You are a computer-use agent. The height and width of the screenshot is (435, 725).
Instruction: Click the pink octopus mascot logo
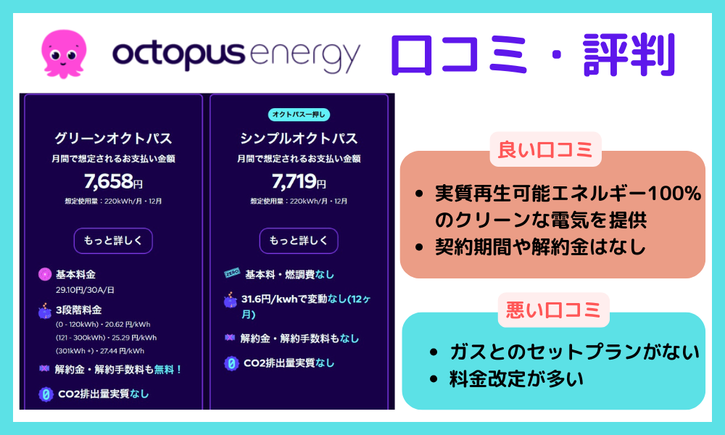(63, 54)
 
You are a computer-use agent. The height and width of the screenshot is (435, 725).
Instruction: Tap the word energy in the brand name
(304, 57)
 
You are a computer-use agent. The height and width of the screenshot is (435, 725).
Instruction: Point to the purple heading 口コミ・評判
(533, 54)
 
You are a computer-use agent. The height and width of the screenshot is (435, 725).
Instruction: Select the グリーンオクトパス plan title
(113, 138)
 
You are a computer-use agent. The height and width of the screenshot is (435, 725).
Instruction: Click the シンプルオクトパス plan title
(299, 138)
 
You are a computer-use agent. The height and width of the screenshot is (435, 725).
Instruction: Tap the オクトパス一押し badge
(299, 114)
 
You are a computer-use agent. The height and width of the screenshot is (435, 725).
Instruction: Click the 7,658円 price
(113, 181)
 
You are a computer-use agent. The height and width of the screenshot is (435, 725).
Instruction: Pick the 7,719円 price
(299, 181)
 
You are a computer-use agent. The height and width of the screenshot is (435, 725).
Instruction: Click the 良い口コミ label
(546, 149)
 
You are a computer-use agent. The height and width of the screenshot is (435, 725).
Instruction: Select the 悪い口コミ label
(553, 310)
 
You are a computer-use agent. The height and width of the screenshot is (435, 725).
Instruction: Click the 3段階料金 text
(78, 310)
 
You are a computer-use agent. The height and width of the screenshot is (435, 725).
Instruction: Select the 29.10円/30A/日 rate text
(85, 290)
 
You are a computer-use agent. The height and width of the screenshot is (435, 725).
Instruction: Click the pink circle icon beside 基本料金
(45, 275)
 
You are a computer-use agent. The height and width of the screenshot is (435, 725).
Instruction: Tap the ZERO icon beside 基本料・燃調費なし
(232, 273)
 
